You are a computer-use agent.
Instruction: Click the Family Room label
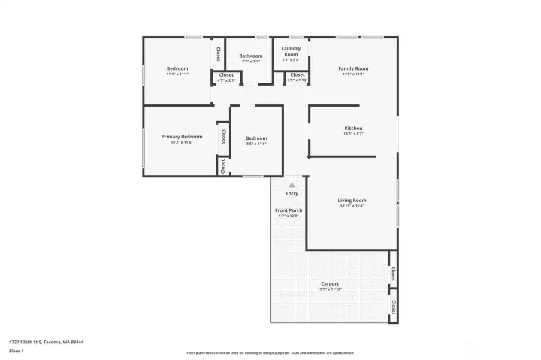[x=353, y=68]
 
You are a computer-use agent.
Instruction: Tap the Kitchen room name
[x=353, y=128]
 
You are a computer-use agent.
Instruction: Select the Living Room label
[x=352, y=200]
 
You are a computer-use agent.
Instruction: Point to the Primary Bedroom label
[x=181, y=136]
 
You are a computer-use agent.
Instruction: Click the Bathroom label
[x=251, y=56]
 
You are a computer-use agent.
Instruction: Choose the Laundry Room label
[x=291, y=51]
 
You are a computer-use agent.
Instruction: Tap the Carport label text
[x=330, y=283]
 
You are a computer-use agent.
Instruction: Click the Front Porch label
[x=288, y=210]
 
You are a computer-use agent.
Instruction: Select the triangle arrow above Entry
[x=292, y=184]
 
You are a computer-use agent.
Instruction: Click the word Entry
[x=292, y=193]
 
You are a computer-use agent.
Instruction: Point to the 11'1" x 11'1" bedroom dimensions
[x=177, y=74]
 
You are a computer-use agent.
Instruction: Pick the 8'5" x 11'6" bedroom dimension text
[x=256, y=144]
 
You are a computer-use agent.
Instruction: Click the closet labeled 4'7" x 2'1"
[x=226, y=80]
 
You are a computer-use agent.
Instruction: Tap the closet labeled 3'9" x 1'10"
[x=298, y=80]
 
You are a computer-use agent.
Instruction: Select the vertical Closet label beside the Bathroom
[x=218, y=54]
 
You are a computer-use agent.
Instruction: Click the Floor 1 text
[x=16, y=351]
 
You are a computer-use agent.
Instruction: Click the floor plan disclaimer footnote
[x=270, y=352]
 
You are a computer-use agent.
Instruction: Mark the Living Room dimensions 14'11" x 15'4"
[x=352, y=206]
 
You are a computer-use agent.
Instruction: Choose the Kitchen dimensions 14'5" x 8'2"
[x=353, y=134]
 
